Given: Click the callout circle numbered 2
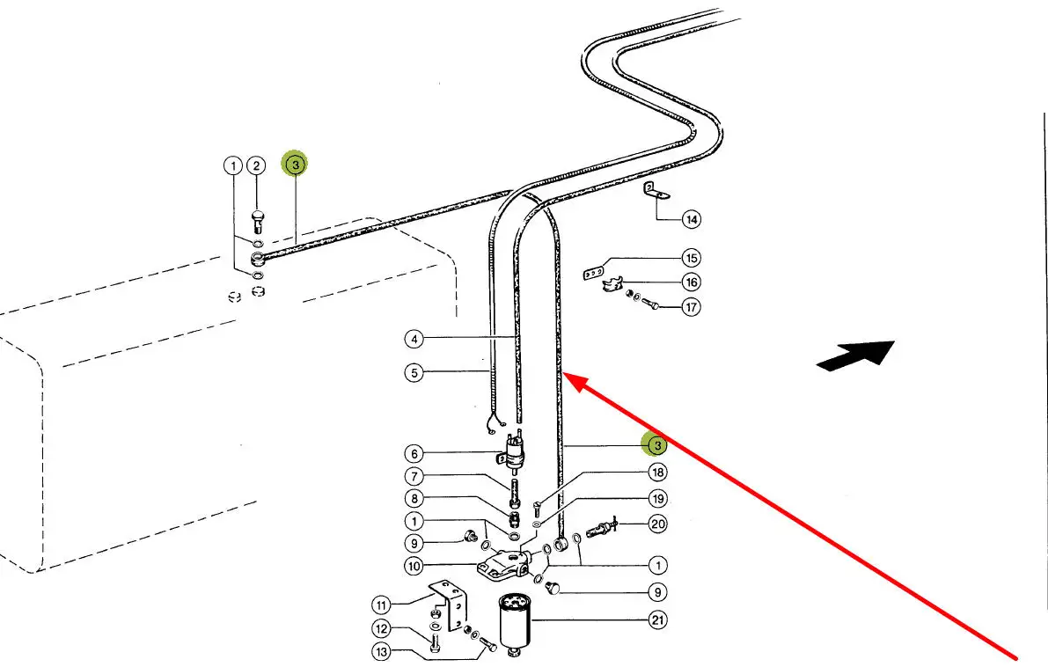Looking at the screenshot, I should [255, 165].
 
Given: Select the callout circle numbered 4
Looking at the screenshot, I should [414, 338].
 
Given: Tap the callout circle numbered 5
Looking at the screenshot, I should [414, 372].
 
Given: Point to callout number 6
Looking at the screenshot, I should [414, 454].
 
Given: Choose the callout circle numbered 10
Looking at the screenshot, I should [414, 565].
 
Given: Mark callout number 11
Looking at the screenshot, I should [380, 605].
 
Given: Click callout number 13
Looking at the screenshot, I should [380, 652].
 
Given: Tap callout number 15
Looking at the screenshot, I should [692, 259].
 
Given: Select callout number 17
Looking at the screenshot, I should [692, 307].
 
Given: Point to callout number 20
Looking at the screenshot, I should [657, 524].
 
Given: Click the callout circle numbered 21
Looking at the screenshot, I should [657, 620].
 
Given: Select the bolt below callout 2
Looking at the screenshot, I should [256, 216].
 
